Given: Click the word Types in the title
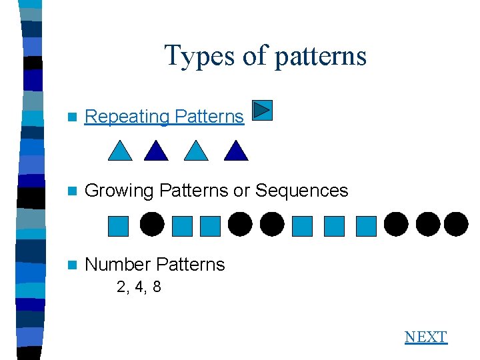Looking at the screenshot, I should click(x=199, y=55).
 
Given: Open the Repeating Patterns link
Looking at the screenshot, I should click(x=164, y=117).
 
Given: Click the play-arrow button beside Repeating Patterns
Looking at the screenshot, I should click(x=263, y=110).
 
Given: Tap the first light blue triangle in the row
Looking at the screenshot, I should click(x=121, y=151).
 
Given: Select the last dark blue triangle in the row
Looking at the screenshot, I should click(x=236, y=151).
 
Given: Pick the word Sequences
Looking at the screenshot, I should click(x=301, y=191).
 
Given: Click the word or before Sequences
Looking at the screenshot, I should click(x=241, y=191).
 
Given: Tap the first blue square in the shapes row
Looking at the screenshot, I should click(x=118, y=226).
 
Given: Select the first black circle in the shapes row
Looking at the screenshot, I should click(x=151, y=225).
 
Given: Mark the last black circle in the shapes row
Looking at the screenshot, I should click(x=456, y=225).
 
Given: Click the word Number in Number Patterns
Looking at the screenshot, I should click(x=119, y=265).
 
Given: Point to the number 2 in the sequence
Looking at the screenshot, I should click(x=121, y=288).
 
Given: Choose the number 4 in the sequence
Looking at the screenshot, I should click(x=139, y=288).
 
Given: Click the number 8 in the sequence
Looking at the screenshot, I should click(x=156, y=288).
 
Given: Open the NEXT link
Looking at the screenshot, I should click(x=425, y=337).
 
